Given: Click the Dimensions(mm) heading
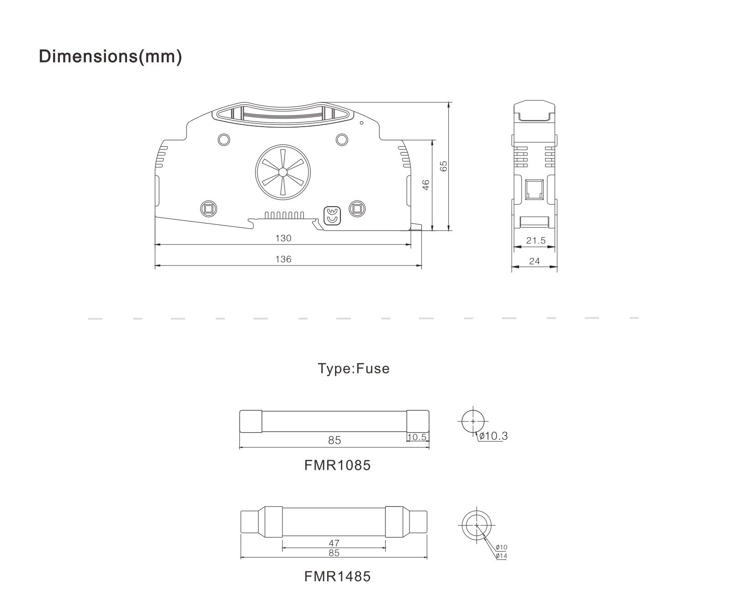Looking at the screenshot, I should coord(111,56).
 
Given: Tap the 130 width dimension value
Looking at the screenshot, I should coord(283,238).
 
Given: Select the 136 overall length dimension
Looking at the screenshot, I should coord(283,259).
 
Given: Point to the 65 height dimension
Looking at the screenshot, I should coord(443,166).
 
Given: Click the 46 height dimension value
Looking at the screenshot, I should coord(426,185).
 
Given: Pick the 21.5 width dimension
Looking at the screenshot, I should coord(536,240).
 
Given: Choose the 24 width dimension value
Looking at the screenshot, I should coord(534,261).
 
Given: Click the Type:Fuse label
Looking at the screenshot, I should coord(354,369).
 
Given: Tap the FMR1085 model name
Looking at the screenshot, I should coord(338,465).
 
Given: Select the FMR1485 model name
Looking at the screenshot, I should coord(338,576).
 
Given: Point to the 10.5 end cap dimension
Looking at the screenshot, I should coord(417,437).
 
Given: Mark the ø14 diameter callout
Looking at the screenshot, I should coord(501,556).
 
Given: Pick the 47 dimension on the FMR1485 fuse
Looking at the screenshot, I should coord(334,543).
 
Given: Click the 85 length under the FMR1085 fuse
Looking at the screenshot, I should coord(334,440).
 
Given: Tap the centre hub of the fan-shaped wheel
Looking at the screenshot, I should coord(283,172).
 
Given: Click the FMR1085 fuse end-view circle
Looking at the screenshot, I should coord(472,421).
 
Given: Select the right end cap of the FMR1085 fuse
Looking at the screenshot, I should coord(418,421).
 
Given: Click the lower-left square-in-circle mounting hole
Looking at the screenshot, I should coord(209,209).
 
